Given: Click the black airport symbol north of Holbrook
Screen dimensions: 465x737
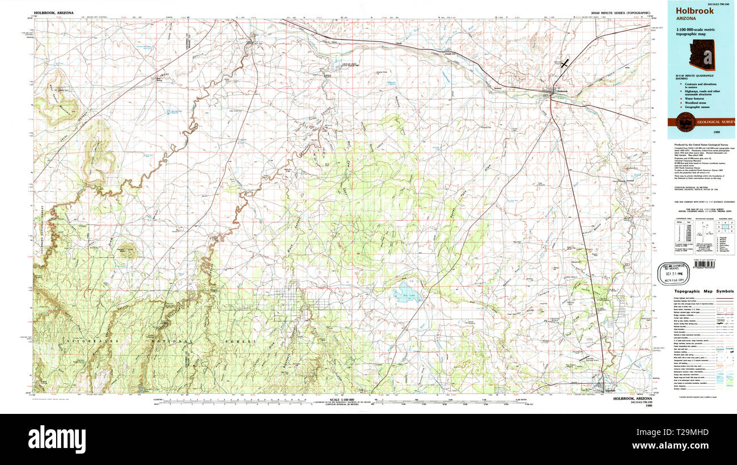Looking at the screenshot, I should [x=564, y=64].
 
